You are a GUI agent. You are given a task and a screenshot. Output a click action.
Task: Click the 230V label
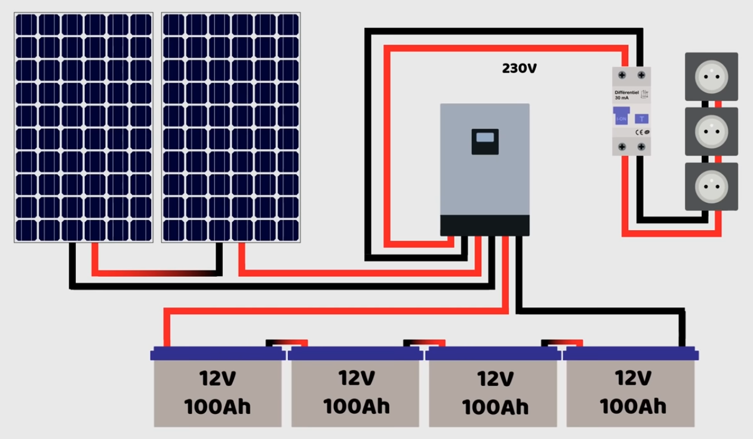(519, 69)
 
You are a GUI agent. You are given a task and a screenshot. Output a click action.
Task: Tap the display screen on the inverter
(485, 138)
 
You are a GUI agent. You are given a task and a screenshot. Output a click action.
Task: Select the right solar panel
(230, 127)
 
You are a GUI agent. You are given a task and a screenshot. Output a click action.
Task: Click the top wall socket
(711, 76)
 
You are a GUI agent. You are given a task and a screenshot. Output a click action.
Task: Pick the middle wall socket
(711, 131)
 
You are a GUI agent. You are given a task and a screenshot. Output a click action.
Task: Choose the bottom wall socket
(711, 186)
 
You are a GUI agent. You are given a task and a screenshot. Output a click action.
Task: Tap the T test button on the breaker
(641, 119)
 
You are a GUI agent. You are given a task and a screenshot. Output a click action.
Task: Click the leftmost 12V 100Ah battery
(217, 388)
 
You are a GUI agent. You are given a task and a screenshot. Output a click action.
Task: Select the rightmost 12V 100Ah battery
(632, 388)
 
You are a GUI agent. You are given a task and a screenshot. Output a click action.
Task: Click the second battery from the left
(356, 388)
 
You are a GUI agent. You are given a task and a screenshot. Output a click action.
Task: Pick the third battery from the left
(494, 388)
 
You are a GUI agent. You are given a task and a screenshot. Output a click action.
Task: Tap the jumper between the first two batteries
(287, 343)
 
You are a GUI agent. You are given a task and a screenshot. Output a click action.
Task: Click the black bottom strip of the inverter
(485, 225)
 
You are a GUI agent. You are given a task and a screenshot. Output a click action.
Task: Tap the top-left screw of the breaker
(622, 75)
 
